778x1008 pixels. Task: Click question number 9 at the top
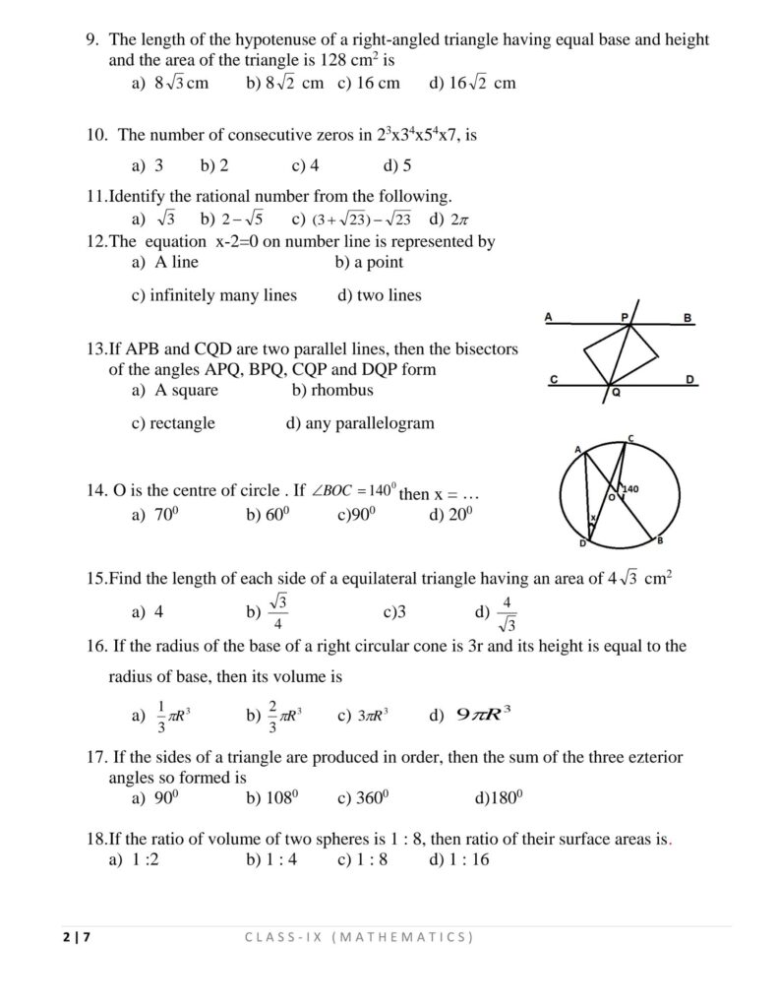point(91,40)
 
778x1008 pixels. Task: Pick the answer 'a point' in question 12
point(370,262)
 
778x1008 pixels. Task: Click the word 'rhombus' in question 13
point(342,390)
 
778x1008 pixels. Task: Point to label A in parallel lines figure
point(548,317)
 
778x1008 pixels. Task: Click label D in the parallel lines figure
point(690,379)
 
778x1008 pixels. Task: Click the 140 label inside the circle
point(630,488)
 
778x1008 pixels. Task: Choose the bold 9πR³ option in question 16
point(485,716)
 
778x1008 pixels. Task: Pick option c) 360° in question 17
point(358,798)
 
